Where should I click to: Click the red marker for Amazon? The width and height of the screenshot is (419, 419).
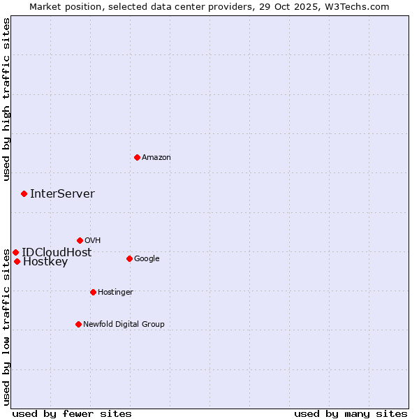(x=137, y=157)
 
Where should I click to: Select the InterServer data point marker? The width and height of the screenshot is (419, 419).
(x=24, y=193)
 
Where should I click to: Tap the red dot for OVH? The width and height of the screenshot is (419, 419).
(x=80, y=240)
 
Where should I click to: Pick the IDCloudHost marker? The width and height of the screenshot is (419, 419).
(x=15, y=252)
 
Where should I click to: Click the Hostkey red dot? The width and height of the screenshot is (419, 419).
(x=17, y=261)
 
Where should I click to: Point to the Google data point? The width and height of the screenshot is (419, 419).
(x=129, y=258)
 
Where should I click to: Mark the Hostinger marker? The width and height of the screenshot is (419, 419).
(x=93, y=292)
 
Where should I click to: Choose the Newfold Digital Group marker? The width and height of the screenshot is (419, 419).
(x=78, y=324)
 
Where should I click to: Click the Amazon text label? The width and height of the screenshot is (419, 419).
(x=156, y=157)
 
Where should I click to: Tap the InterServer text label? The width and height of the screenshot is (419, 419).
(x=62, y=193)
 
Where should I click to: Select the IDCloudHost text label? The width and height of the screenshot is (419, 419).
(x=57, y=252)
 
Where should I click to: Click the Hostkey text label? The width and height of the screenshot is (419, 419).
(x=45, y=262)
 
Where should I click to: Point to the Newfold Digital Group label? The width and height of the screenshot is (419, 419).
(x=124, y=324)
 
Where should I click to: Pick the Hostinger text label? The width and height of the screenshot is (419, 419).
(x=115, y=292)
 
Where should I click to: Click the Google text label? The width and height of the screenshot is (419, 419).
(x=147, y=258)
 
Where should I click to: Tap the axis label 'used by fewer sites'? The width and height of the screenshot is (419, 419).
(x=72, y=413)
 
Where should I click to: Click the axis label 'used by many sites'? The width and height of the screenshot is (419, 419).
(x=351, y=413)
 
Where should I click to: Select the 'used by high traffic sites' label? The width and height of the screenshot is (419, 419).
(x=6, y=100)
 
